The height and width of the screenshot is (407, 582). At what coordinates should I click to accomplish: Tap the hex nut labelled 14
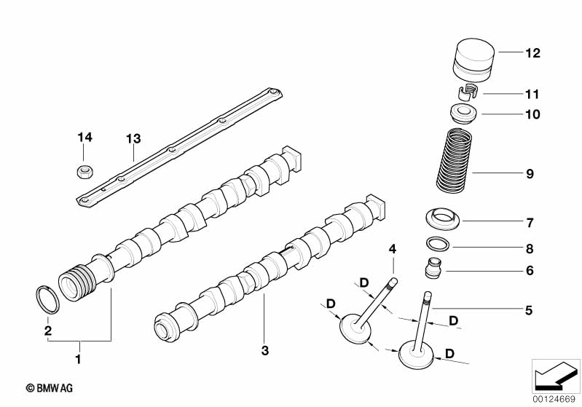point(84,172)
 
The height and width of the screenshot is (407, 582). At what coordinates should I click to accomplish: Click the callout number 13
point(132,138)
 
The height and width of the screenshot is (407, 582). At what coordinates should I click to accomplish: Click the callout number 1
point(79,358)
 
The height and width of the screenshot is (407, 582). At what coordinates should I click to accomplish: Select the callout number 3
point(265,351)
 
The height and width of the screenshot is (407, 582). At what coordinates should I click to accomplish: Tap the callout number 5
point(529,310)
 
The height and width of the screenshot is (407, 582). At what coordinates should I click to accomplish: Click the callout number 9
point(529,174)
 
